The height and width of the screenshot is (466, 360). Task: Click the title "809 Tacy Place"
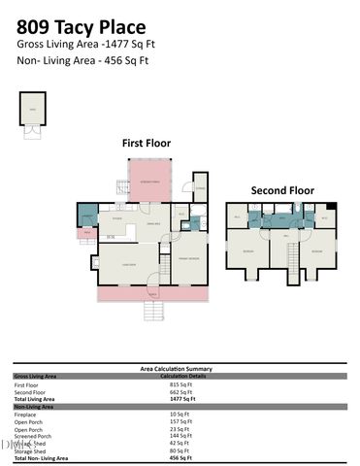coord(82,26)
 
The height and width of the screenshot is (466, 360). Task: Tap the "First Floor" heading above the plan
coord(146,143)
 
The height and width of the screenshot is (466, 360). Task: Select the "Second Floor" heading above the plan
coord(282,190)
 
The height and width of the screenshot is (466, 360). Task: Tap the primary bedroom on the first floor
coord(188,259)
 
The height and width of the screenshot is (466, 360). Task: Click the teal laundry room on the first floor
coord(87,216)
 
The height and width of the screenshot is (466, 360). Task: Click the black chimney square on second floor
coord(332,206)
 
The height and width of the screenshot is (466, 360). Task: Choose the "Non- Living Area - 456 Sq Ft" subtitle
coord(82,60)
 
